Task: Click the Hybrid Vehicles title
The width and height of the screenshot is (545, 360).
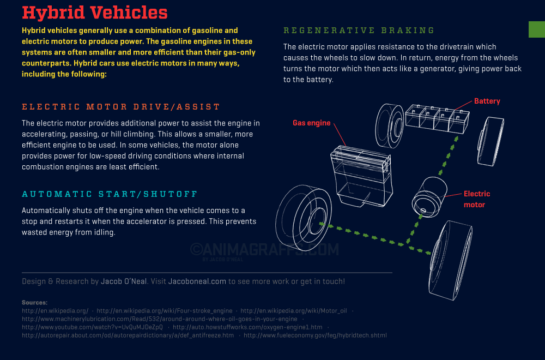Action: click(94, 13)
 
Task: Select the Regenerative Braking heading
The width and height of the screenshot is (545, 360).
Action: click(359, 31)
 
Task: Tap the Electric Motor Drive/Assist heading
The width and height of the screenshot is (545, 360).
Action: click(121, 107)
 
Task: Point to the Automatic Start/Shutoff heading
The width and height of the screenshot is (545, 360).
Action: click(110, 194)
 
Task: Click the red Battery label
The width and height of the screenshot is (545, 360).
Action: click(487, 101)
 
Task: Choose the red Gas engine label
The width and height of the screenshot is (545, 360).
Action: click(311, 123)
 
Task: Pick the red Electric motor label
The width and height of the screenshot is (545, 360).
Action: click(477, 199)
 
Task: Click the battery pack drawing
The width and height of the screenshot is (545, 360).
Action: click(437, 118)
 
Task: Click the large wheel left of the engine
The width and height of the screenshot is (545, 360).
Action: click(304, 218)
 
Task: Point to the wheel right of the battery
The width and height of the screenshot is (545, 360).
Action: click(491, 142)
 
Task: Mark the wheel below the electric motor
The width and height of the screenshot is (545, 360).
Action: click(450, 260)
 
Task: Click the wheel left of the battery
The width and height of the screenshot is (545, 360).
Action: click(390, 125)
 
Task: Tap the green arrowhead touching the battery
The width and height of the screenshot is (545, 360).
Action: click(456, 139)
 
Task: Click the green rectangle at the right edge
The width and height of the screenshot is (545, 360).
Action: click(537, 29)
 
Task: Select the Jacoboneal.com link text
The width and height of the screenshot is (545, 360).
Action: click(197, 281)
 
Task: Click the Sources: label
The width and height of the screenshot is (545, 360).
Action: click(34, 303)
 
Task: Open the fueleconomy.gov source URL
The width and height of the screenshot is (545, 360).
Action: click(315, 335)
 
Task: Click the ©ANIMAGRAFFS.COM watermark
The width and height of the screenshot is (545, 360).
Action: click(264, 249)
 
